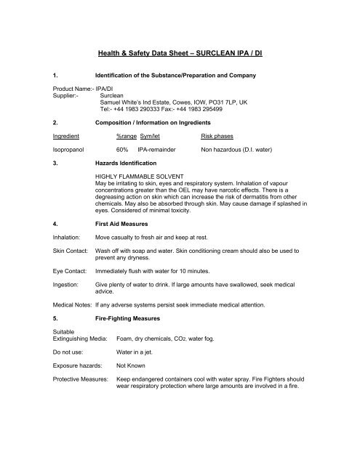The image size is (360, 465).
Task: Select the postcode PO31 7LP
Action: [246, 102]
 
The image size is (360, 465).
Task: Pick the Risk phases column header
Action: [222, 136]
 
